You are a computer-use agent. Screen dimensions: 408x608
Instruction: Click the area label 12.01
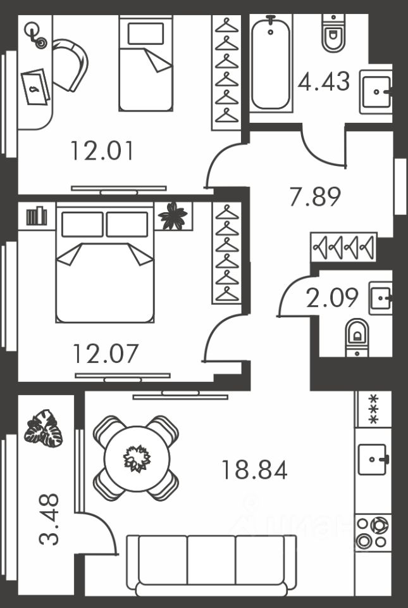pyautogui.click(x=102, y=151)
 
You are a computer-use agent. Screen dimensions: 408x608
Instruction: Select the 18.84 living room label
pyautogui.click(x=254, y=470)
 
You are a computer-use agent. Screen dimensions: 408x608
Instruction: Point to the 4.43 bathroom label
pyautogui.click(x=323, y=82)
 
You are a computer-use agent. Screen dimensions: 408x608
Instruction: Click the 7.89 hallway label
pyautogui.click(x=315, y=196)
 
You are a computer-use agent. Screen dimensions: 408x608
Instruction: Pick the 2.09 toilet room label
pyautogui.click(x=332, y=297)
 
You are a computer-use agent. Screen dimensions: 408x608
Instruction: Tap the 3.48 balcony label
pyautogui.click(x=49, y=519)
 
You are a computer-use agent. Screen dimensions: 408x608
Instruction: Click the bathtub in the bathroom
pyautogui.click(x=271, y=63)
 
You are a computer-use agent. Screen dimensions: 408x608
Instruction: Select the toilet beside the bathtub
pyautogui.click(x=333, y=33)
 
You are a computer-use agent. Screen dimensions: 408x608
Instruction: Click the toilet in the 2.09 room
pyautogui.click(x=357, y=336)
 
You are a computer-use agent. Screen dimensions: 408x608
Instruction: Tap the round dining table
pyautogui.click(x=137, y=457)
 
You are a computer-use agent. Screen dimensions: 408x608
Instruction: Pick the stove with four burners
pyautogui.click(x=371, y=533)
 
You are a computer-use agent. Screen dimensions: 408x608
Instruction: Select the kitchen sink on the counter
pyautogui.click(x=373, y=459)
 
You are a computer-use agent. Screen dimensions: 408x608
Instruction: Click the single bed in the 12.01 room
pyautogui.click(x=145, y=63)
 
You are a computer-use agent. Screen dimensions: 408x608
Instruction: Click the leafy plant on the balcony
pyautogui.click(x=44, y=429)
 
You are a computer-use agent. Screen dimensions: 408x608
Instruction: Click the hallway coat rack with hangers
pyautogui.click(x=343, y=247)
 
